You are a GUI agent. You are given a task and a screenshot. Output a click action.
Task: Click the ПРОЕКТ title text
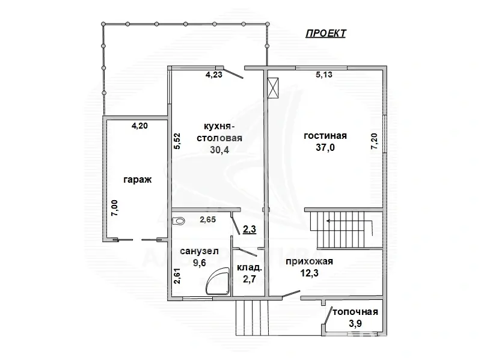pos(325,34)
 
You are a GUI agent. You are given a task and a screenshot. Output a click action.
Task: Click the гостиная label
pos(326,136)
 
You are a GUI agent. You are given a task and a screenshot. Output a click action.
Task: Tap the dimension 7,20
pos(375,141)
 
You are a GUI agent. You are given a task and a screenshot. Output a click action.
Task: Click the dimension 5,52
pos(177,141)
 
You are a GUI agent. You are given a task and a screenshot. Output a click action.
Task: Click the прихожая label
pos(310,261)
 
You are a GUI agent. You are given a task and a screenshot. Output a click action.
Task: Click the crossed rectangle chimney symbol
pos(274,87)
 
